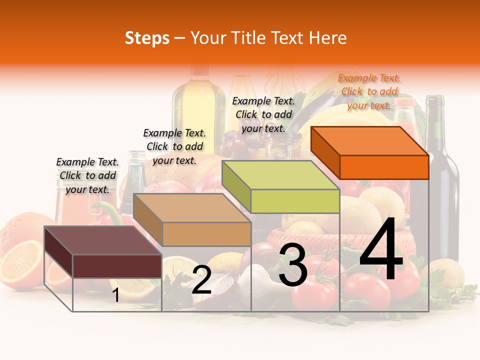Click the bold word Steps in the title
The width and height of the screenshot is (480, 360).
[147, 38]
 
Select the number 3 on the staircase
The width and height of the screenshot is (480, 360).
[292, 266]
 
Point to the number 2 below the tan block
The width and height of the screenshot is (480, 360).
[201, 280]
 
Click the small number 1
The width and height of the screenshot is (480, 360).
[115, 295]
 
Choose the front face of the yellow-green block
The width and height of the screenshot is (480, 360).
[295, 201]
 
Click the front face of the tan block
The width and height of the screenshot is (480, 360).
[206, 234]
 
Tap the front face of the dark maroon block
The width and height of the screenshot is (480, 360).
[117, 266]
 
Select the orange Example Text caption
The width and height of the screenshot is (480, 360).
[369, 91]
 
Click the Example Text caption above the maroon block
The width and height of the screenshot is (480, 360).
[87, 175]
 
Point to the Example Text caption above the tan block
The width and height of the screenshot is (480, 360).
[174, 146]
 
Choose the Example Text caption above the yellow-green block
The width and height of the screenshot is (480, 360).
[263, 114]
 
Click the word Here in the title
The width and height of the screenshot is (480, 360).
[327, 38]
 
